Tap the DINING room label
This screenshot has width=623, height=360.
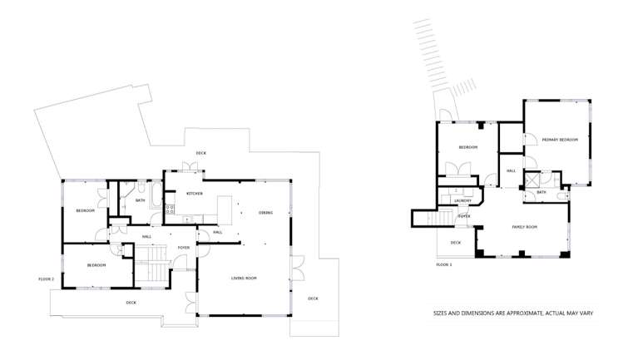tap(265, 213)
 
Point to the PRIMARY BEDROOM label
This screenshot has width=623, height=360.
tap(560, 140)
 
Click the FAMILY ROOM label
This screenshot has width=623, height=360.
tap(524, 226)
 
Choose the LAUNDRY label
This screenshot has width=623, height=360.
tap(463, 201)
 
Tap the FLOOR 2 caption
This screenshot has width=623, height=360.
tap(47, 279)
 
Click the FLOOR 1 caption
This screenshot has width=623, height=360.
tap(444, 264)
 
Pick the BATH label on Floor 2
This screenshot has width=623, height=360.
tap(141, 200)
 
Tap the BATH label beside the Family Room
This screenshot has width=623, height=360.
tap(541, 192)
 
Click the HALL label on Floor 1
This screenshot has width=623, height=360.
tap(511, 170)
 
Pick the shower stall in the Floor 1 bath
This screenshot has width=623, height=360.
tap(532, 179)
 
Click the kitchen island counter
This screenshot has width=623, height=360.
tap(224, 209)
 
